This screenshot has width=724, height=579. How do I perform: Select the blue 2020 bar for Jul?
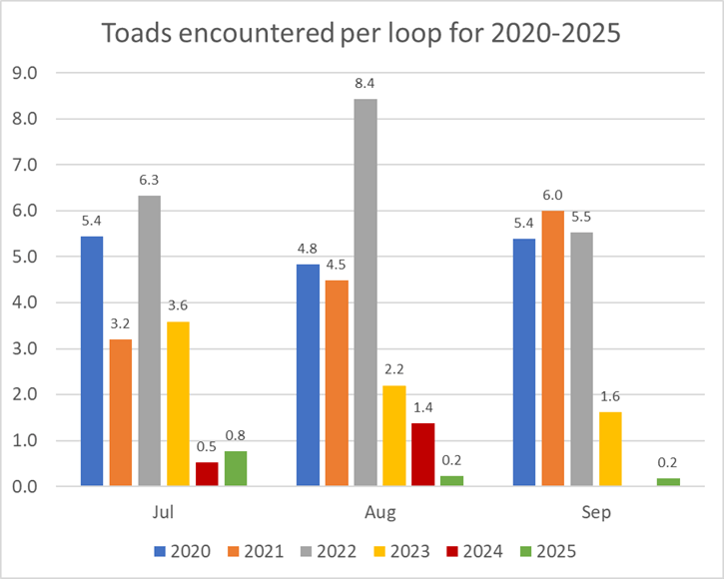[91, 361]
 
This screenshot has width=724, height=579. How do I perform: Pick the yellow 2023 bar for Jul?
[178, 403]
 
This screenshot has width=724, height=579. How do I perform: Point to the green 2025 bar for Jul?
[235, 468]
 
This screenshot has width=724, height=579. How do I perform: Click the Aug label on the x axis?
[379, 513]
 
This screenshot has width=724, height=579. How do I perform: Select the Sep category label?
[595, 513]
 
